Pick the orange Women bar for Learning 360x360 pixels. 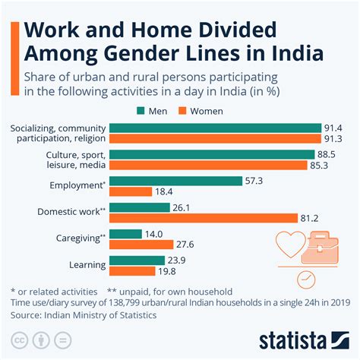tap(132, 271)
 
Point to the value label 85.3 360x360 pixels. tap(329, 164)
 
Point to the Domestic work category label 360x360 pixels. tap(71, 211)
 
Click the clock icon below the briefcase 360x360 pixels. tap(307, 279)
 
